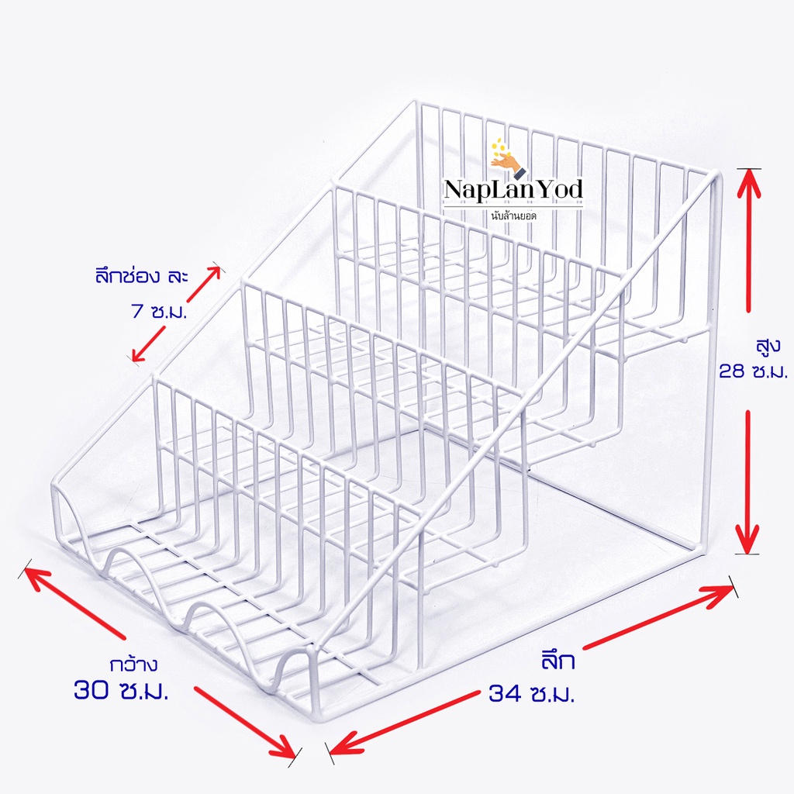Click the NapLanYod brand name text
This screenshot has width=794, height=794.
(x=513, y=190)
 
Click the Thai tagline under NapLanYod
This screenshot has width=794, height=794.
(x=513, y=216)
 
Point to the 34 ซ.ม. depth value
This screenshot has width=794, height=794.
(x=532, y=693)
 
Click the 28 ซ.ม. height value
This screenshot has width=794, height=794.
(x=754, y=372)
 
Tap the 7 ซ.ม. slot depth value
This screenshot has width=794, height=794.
(x=159, y=310)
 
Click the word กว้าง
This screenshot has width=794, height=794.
(x=133, y=664)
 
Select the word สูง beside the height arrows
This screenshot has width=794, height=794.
(x=768, y=347)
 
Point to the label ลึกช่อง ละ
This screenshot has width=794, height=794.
(x=141, y=277)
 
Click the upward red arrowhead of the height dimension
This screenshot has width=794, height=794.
(x=749, y=182)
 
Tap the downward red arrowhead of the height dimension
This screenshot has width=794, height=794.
(x=747, y=539)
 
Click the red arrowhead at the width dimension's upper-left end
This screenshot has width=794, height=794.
(x=36, y=577)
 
